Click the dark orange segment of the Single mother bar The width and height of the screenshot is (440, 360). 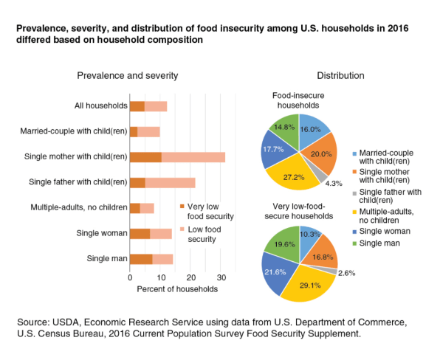145,157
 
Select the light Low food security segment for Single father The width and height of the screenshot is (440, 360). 170,183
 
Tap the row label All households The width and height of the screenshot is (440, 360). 100,105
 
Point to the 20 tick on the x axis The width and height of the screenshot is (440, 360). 190,277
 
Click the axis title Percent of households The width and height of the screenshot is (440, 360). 177,289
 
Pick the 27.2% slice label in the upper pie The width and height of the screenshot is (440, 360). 294,177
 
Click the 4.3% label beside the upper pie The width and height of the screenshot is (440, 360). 334,184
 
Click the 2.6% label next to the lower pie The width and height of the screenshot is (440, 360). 346,273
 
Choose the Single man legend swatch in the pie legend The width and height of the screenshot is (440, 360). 354,243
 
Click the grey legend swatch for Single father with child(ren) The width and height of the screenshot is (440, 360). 354,193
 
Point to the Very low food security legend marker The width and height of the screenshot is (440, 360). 182,207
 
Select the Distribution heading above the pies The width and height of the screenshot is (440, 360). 340,76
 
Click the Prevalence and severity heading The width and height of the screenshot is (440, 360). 128,76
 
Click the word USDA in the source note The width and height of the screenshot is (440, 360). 66,322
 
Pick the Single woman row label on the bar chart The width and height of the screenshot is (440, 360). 102,233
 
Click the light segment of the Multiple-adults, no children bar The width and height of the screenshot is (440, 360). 147,208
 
